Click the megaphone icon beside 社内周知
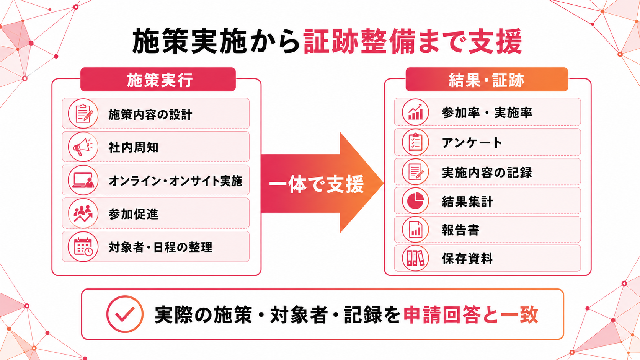[x=83, y=147]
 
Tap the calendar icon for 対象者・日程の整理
[x=83, y=247]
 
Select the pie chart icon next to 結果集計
[x=415, y=201]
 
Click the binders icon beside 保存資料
[x=415, y=258]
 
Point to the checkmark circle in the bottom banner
[x=125, y=314]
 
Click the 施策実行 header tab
[x=158, y=79]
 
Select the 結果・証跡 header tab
[x=487, y=79]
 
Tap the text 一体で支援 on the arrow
[x=316, y=184]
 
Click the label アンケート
[x=472, y=142]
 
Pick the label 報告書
[x=460, y=230]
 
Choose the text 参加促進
[x=133, y=214]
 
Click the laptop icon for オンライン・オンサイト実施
[x=83, y=180]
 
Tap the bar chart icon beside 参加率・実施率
[x=415, y=112]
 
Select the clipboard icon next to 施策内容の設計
[x=83, y=114]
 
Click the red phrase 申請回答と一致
[x=471, y=314]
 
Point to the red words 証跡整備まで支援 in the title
[x=413, y=41]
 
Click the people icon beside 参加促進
[x=83, y=213]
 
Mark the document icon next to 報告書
[x=415, y=230]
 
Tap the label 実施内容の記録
[x=487, y=173]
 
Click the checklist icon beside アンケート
[x=415, y=142]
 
